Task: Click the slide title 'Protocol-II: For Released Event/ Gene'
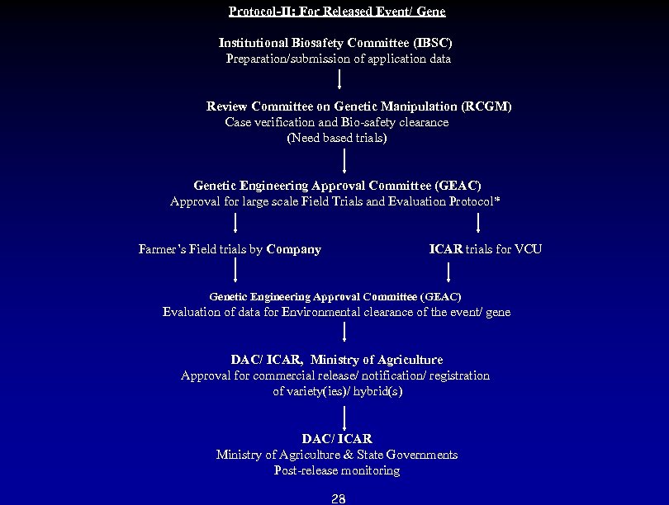pyautogui.click(x=337, y=12)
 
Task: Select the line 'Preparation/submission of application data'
pyautogui.click(x=339, y=59)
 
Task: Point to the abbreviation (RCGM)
pyautogui.click(x=487, y=106)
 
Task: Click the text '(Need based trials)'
pyautogui.click(x=337, y=138)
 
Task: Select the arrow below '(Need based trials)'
pyautogui.click(x=344, y=160)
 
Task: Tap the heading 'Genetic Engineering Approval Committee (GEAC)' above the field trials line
pyautogui.click(x=337, y=186)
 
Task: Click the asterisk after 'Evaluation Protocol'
pyautogui.click(x=497, y=201)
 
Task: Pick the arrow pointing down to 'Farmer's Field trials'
pyautogui.click(x=236, y=223)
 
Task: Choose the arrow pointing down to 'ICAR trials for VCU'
pyautogui.click(x=478, y=223)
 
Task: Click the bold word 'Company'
pyautogui.click(x=294, y=249)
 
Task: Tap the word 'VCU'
pyautogui.click(x=529, y=249)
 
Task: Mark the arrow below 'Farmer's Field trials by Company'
pyautogui.click(x=236, y=270)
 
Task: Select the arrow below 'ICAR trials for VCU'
pyautogui.click(x=448, y=271)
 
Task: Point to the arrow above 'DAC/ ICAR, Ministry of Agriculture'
pyautogui.click(x=344, y=333)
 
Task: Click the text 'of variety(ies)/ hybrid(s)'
pyautogui.click(x=338, y=391)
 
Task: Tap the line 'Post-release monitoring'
pyautogui.click(x=337, y=470)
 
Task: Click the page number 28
pyautogui.click(x=338, y=498)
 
